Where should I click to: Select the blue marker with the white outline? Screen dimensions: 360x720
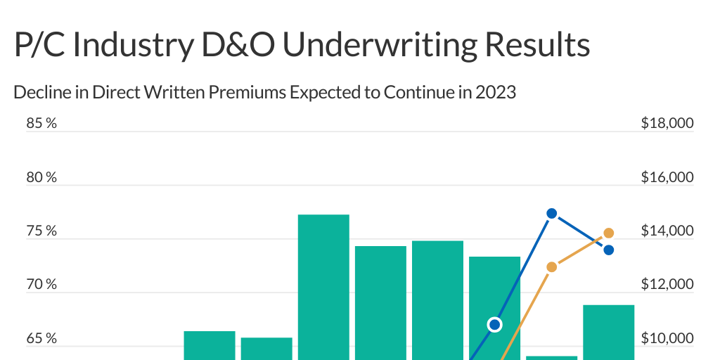click(x=495, y=324)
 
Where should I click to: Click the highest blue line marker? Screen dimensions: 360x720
click(x=552, y=213)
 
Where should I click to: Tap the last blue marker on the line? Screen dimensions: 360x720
click(x=609, y=250)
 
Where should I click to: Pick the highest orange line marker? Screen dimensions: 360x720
click(x=609, y=233)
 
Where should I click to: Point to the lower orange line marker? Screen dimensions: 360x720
click(x=552, y=266)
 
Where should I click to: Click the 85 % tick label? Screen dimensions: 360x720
click(x=41, y=124)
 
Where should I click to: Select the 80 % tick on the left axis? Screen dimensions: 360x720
click(x=41, y=177)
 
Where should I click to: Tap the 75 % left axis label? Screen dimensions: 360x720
click(x=41, y=231)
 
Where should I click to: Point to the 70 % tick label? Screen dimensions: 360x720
click(x=41, y=285)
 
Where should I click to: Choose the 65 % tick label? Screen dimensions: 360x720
click(x=41, y=339)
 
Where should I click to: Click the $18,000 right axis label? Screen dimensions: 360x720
click(x=667, y=124)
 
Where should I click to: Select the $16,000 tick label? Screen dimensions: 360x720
click(x=667, y=177)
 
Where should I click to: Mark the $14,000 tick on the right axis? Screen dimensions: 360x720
click(x=667, y=231)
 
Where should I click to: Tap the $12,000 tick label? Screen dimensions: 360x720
click(x=667, y=285)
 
